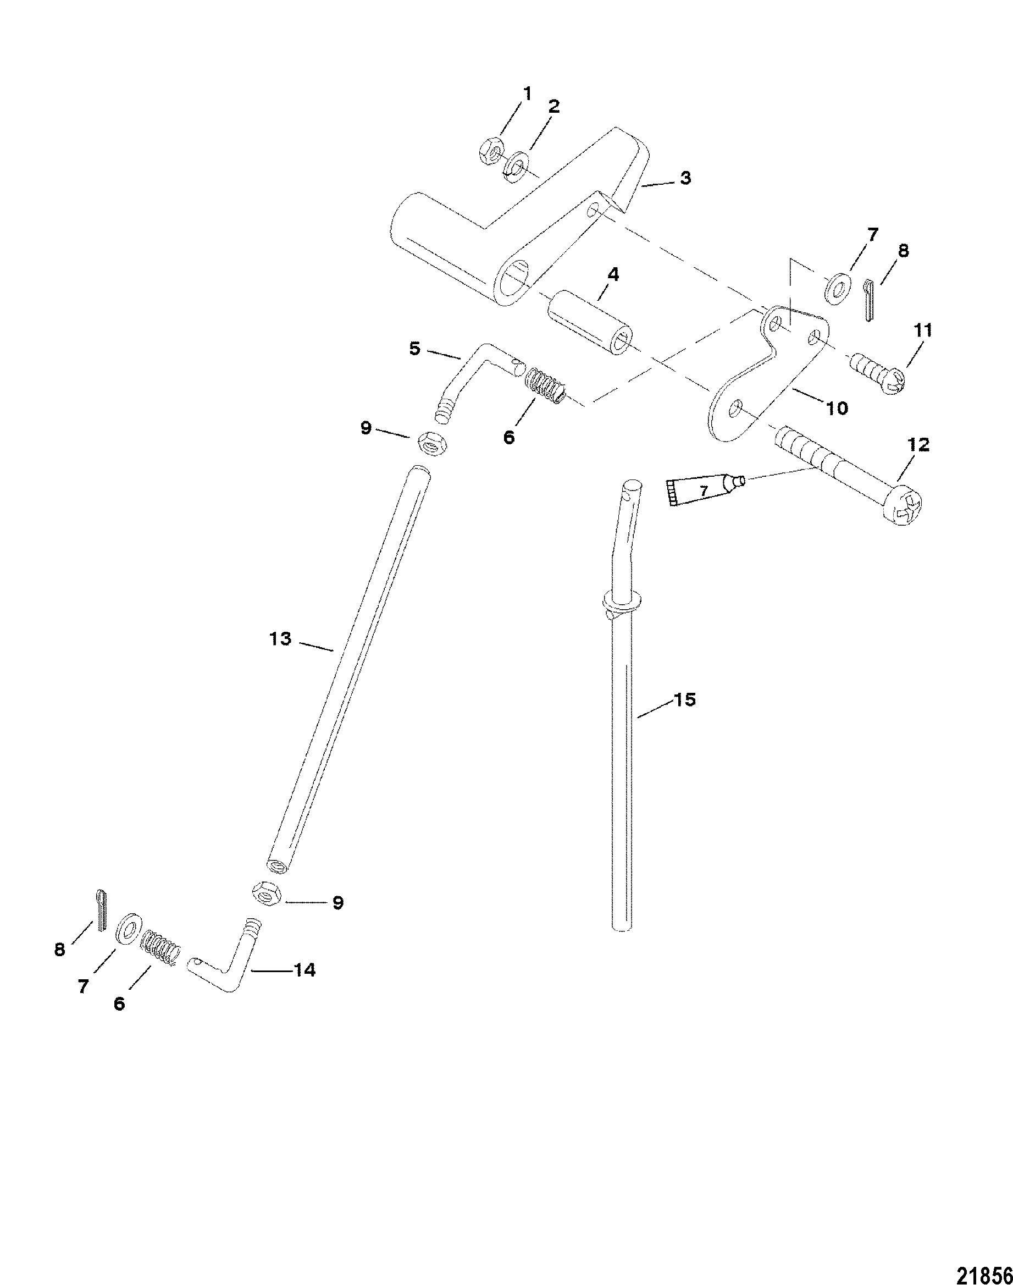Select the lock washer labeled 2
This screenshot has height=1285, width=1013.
click(519, 164)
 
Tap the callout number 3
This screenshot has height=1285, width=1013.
click(685, 178)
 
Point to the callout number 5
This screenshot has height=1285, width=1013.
click(414, 349)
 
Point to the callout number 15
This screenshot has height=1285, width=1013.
click(685, 700)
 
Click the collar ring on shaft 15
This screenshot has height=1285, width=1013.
click(621, 600)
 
